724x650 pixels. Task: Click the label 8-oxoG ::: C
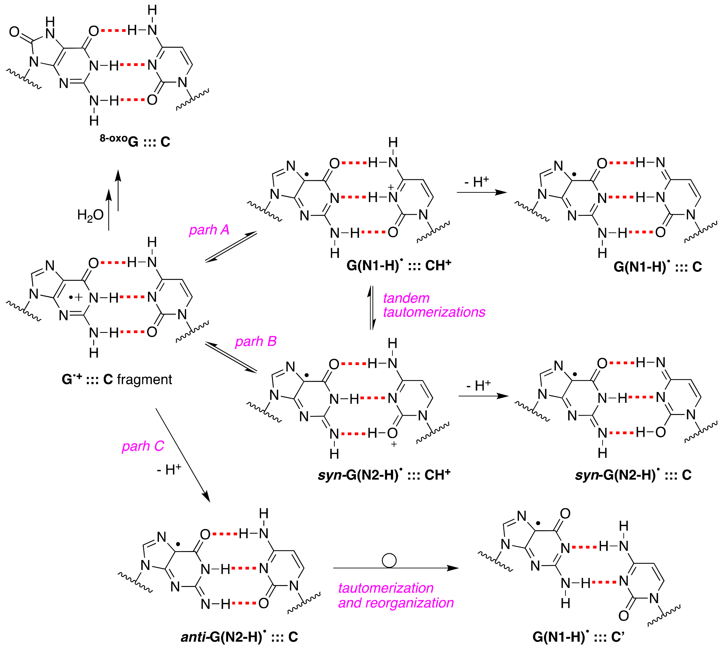pos(135,142)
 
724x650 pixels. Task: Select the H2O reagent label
pos(90,215)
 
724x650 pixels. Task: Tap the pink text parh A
pos(209,230)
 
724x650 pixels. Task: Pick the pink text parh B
pos(256,341)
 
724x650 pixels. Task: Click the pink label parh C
pos(143,446)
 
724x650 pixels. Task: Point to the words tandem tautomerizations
pos(433,305)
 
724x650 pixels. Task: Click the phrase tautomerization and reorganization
pos(395,595)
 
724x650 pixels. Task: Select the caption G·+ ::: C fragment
pos(117,379)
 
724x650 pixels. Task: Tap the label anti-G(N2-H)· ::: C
pos(239,637)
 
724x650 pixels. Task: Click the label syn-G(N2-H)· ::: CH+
pos(384,475)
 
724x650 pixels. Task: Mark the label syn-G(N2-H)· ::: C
pos(633,475)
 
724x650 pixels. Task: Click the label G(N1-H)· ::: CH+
pos(399,266)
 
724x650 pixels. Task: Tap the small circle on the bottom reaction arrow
pos(389,560)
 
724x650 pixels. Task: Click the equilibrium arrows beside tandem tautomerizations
pos(372,307)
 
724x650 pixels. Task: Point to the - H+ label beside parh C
pos(169,470)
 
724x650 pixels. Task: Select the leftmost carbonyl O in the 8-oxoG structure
pos(14,32)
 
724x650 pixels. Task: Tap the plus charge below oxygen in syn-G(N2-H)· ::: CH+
pos(394,444)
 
